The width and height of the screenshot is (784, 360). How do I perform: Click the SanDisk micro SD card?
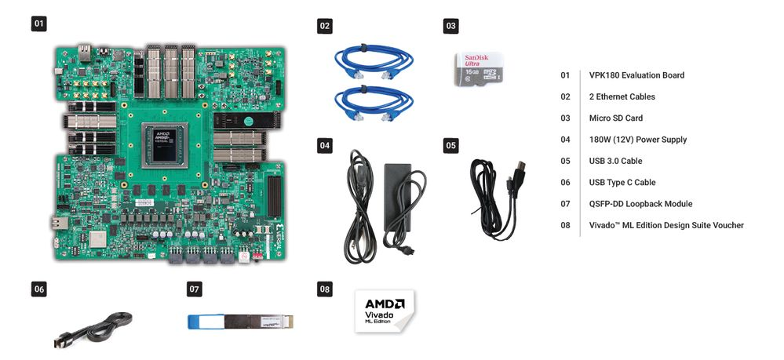pyautogui.click(x=480, y=68)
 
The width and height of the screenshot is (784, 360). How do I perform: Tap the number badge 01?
pyautogui.click(x=38, y=24)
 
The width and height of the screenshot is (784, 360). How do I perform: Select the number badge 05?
pyautogui.click(x=450, y=145)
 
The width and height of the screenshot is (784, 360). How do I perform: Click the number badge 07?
pyautogui.click(x=195, y=289)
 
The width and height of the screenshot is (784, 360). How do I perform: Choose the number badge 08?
pyautogui.click(x=324, y=289)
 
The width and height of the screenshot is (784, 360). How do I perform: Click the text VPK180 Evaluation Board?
pyautogui.click(x=636, y=75)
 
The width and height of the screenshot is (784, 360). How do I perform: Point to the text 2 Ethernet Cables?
pyautogui.click(x=622, y=96)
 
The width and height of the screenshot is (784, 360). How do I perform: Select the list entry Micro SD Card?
pyautogui.click(x=615, y=118)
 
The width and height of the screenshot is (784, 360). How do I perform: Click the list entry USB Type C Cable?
pyautogui.click(x=622, y=182)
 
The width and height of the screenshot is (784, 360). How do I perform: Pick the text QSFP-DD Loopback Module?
pyautogui.click(x=640, y=204)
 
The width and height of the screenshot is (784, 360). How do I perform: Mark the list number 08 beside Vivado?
pyautogui.click(x=565, y=225)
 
